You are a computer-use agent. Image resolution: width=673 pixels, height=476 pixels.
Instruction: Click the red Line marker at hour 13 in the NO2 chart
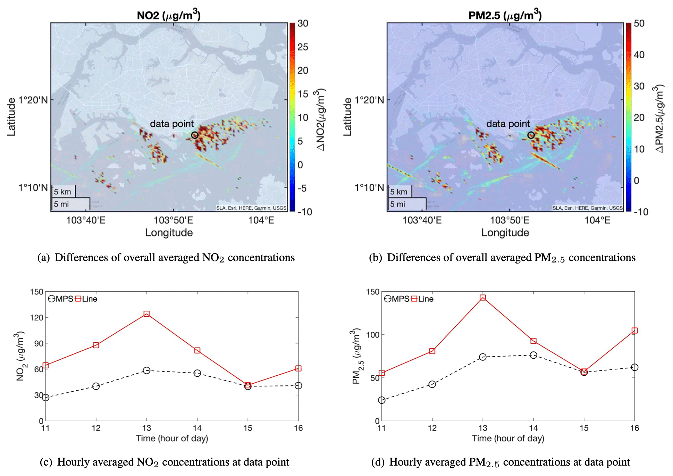(x=146, y=314)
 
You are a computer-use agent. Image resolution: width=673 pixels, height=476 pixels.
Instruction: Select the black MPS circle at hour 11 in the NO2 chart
(x=45, y=398)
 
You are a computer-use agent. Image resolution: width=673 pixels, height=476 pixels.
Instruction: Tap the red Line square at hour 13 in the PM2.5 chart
(x=483, y=298)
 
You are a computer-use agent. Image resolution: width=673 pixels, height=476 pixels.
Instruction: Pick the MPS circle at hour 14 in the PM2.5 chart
(x=533, y=355)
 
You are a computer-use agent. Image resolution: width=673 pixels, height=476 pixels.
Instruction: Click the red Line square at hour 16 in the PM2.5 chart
(x=634, y=331)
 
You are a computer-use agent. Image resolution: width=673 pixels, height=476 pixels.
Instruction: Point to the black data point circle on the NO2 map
(x=195, y=135)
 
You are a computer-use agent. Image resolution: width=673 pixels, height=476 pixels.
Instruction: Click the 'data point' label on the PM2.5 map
(x=508, y=124)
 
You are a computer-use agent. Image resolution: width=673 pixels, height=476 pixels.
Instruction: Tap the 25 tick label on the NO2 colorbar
(x=303, y=47)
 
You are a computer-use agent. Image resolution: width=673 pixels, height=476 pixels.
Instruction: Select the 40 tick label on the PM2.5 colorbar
(x=639, y=55)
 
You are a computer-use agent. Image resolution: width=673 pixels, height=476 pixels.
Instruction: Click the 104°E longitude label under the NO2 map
(x=261, y=220)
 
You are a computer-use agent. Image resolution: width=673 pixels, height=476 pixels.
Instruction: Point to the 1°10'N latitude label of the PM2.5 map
(x=369, y=188)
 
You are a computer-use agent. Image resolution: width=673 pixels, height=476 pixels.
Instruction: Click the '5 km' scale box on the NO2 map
(x=63, y=192)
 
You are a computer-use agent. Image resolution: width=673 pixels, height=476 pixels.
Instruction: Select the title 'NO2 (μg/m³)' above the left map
(x=169, y=15)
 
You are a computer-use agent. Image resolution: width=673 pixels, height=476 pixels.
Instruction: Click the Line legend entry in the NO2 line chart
(x=86, y=299)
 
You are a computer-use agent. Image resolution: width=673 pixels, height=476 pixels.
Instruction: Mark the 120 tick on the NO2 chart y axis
(x=36, y=318)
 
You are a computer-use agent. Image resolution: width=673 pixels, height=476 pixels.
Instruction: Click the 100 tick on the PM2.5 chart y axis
(x=373, y=335)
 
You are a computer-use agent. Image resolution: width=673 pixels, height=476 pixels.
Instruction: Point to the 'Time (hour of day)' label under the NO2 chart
(x=172, y=439)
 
